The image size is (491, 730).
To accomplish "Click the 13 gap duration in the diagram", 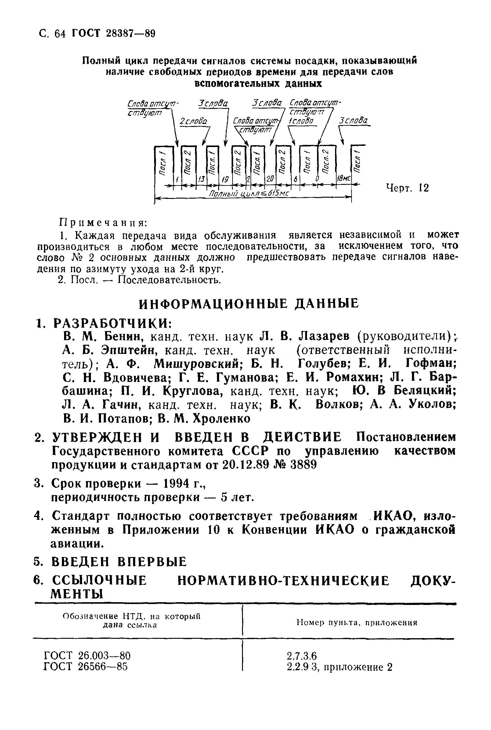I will pyautogui.click(x=201, y=179).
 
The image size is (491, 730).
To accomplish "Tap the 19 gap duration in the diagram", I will pyautogui.click(x=225, y=179).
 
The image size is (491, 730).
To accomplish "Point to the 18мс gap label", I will pyautogui.click(x=344, y=179).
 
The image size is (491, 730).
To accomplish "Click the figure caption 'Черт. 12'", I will pyautogui.click(x=407, y=188).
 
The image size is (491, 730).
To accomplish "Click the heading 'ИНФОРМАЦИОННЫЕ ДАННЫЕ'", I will pyautogui.click(x=249, y=303).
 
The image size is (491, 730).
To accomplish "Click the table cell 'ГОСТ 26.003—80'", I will pyautogui.click(x=87, y=656).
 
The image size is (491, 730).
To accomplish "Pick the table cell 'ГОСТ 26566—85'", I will pyautogui.click(x=85, y=667).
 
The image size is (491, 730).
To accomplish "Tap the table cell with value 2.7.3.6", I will pyautogui.click(x=301, y=656).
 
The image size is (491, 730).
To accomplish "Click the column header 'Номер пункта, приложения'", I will pyautogui.click(x=357, y=623).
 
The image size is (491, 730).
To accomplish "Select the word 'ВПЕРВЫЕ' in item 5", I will pyautogui.click(x=152, y=562).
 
